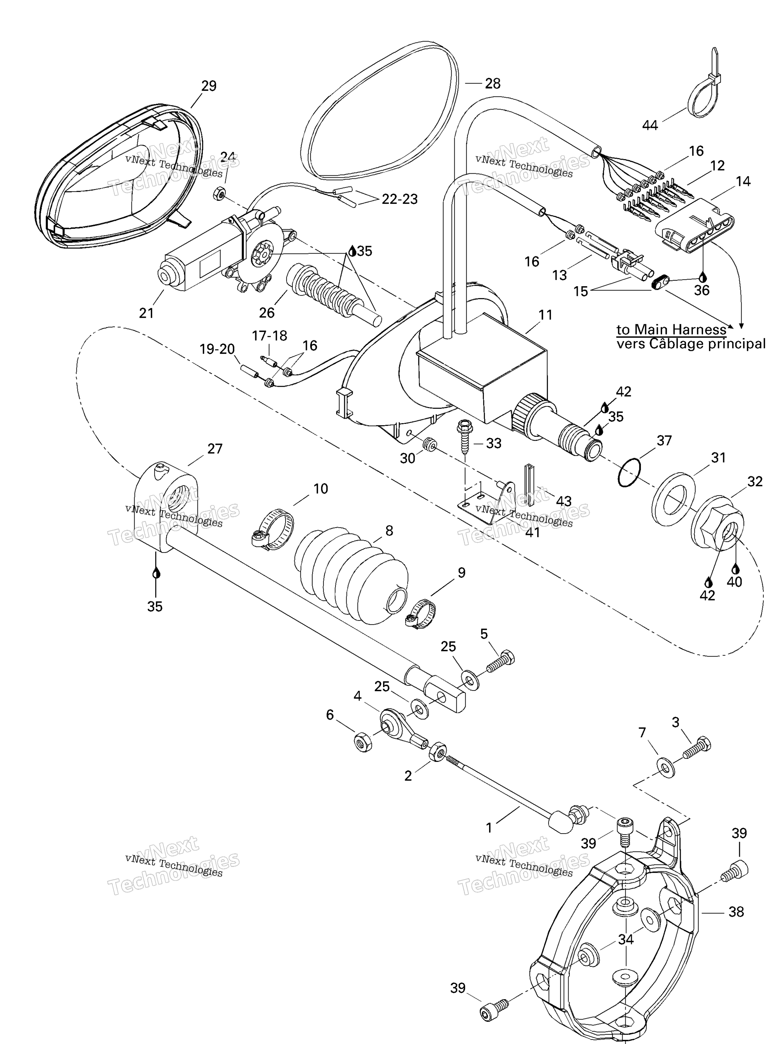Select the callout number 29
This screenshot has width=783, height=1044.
click(209, 86)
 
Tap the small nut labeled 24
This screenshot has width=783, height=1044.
click(218, 193)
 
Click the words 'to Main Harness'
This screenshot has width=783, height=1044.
click(671, 329)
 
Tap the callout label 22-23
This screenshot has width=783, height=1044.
click(399, 199)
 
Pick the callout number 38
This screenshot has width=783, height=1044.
click(736, 911)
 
